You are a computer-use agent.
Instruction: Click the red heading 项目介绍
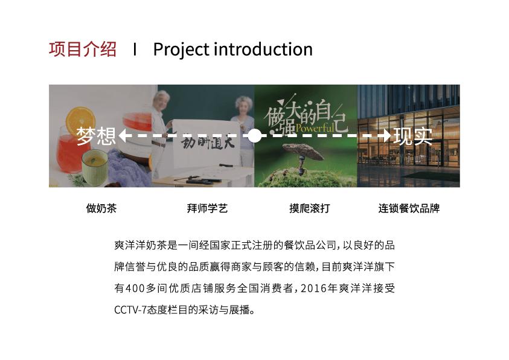click(x=83, y=49)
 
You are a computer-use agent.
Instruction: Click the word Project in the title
click(x=180, y=50)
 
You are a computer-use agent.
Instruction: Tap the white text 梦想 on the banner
click(x=96, y=136)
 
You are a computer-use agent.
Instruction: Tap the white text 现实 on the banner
click(x=413, y=136)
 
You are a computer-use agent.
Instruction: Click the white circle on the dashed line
click(x=255, y=136)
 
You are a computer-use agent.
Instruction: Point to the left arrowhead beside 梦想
click(x=122, y=136)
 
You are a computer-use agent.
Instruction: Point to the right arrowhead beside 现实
click(x=386, y=136)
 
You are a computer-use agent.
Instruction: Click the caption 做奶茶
click(x=101, y=209)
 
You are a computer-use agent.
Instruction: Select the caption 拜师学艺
click(x=207, y=209)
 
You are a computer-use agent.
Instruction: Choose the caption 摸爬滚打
click(x=309, y=209)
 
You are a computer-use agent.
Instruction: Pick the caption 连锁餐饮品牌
click(x=409, y=209)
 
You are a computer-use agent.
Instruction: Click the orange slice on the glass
click(x=81, y=121)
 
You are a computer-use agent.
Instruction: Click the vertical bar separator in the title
click(x=135, y=50)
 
